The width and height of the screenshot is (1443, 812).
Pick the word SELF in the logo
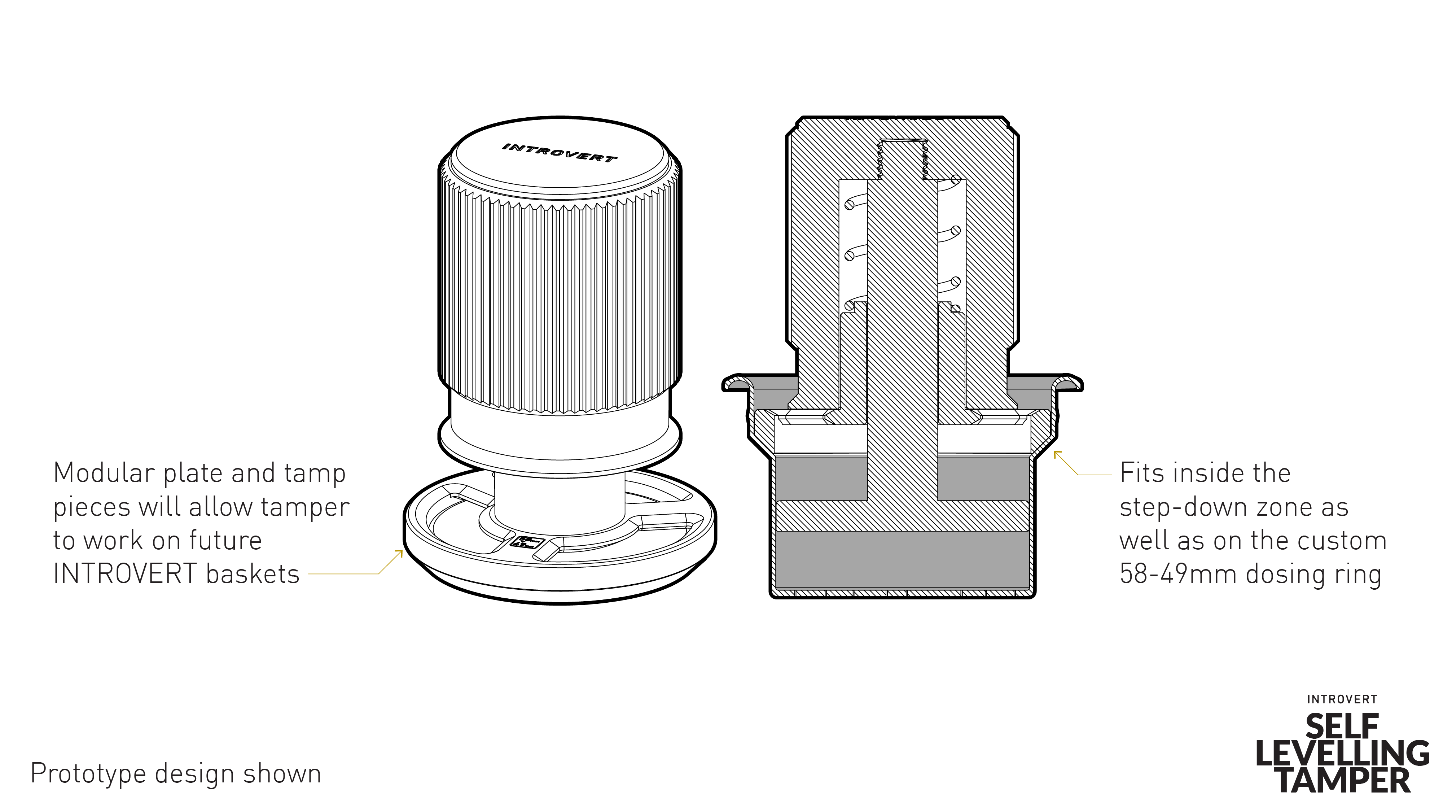click(1342, 727)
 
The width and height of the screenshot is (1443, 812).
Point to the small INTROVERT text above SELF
click(1342, 699)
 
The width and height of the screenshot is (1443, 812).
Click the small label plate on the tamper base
click(528, 542)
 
